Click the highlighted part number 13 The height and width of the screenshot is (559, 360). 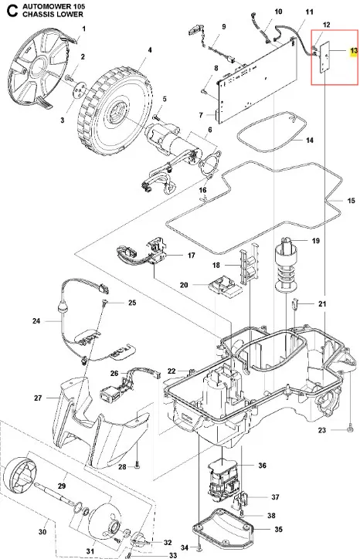[x=354, y=51]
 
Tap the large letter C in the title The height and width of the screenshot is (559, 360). [x=12, y=11]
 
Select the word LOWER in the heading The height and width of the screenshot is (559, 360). [x=71, y=15]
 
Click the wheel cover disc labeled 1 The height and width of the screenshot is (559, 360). [x=37, y=68]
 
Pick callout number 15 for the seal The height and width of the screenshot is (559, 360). [x=351, y=200]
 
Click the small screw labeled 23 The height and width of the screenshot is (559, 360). [x=350, y=429]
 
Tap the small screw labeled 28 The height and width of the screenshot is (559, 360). [x=138, y=466]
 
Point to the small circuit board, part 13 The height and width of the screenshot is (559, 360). [x=324, y=57]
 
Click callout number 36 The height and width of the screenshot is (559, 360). [x=262, y=466]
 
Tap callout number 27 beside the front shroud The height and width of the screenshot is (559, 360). [x=38, y=398]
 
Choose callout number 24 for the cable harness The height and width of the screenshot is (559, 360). [x=36, y=321]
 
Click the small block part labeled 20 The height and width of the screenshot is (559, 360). [x=225, y=286]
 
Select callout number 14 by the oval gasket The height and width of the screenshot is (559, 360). [x=310, y=140]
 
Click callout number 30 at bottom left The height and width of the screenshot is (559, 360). [x=42, y=532]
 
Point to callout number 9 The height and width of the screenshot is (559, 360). [x=224, y=27]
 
